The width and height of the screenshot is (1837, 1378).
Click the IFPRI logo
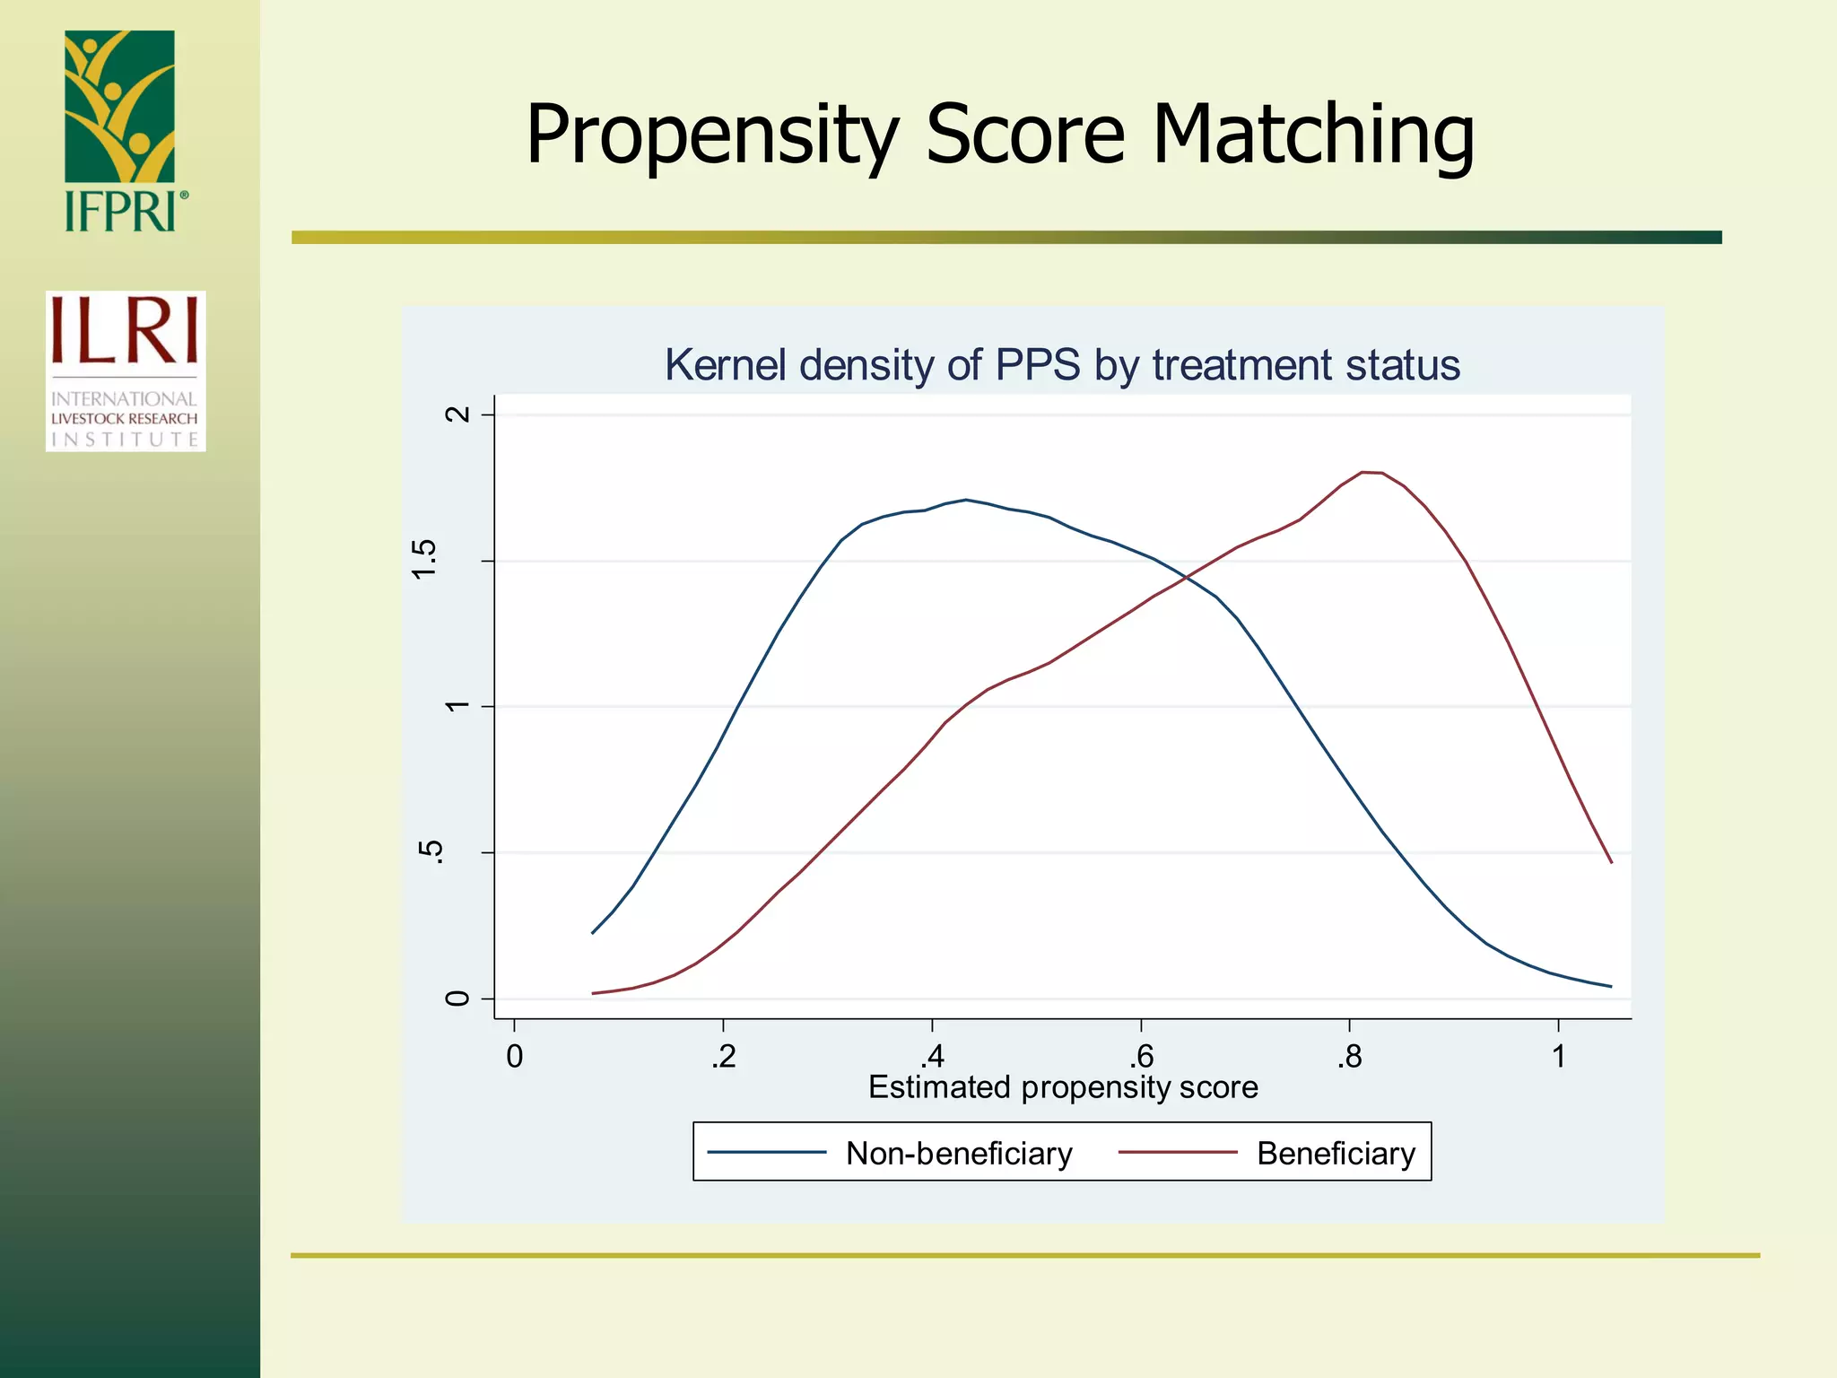click(x=121, y=131)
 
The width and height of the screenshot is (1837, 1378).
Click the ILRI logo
click(x=126, y=371)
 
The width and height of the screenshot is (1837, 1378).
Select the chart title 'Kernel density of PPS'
click(x=1062, y=365)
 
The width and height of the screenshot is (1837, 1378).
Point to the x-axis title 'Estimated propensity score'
click(x=1063, y=1087)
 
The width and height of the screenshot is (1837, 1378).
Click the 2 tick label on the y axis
click(x=457, y=414)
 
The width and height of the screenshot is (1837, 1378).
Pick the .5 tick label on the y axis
click(x=431, y=852)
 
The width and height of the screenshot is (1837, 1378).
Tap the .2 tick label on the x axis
click(x=723, y=1057)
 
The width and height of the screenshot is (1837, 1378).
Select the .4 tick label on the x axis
click(x=932, y=1057)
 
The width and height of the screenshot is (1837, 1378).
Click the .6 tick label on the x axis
click(x=1140, y=1057)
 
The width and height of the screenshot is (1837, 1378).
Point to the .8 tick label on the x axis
click(x=1349, y=1057)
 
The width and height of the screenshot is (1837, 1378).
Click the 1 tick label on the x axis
click(x=1559, y=1057)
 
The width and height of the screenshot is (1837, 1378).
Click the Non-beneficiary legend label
click(x=959, y=1154)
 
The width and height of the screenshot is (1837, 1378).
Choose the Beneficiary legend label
click(x=1336, y=1154)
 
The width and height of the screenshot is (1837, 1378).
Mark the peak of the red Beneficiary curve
click(x=1371, y=472)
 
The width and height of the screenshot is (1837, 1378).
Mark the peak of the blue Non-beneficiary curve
click(x=965, y=500)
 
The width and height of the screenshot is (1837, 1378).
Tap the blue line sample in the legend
click(x=767, y=1153)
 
